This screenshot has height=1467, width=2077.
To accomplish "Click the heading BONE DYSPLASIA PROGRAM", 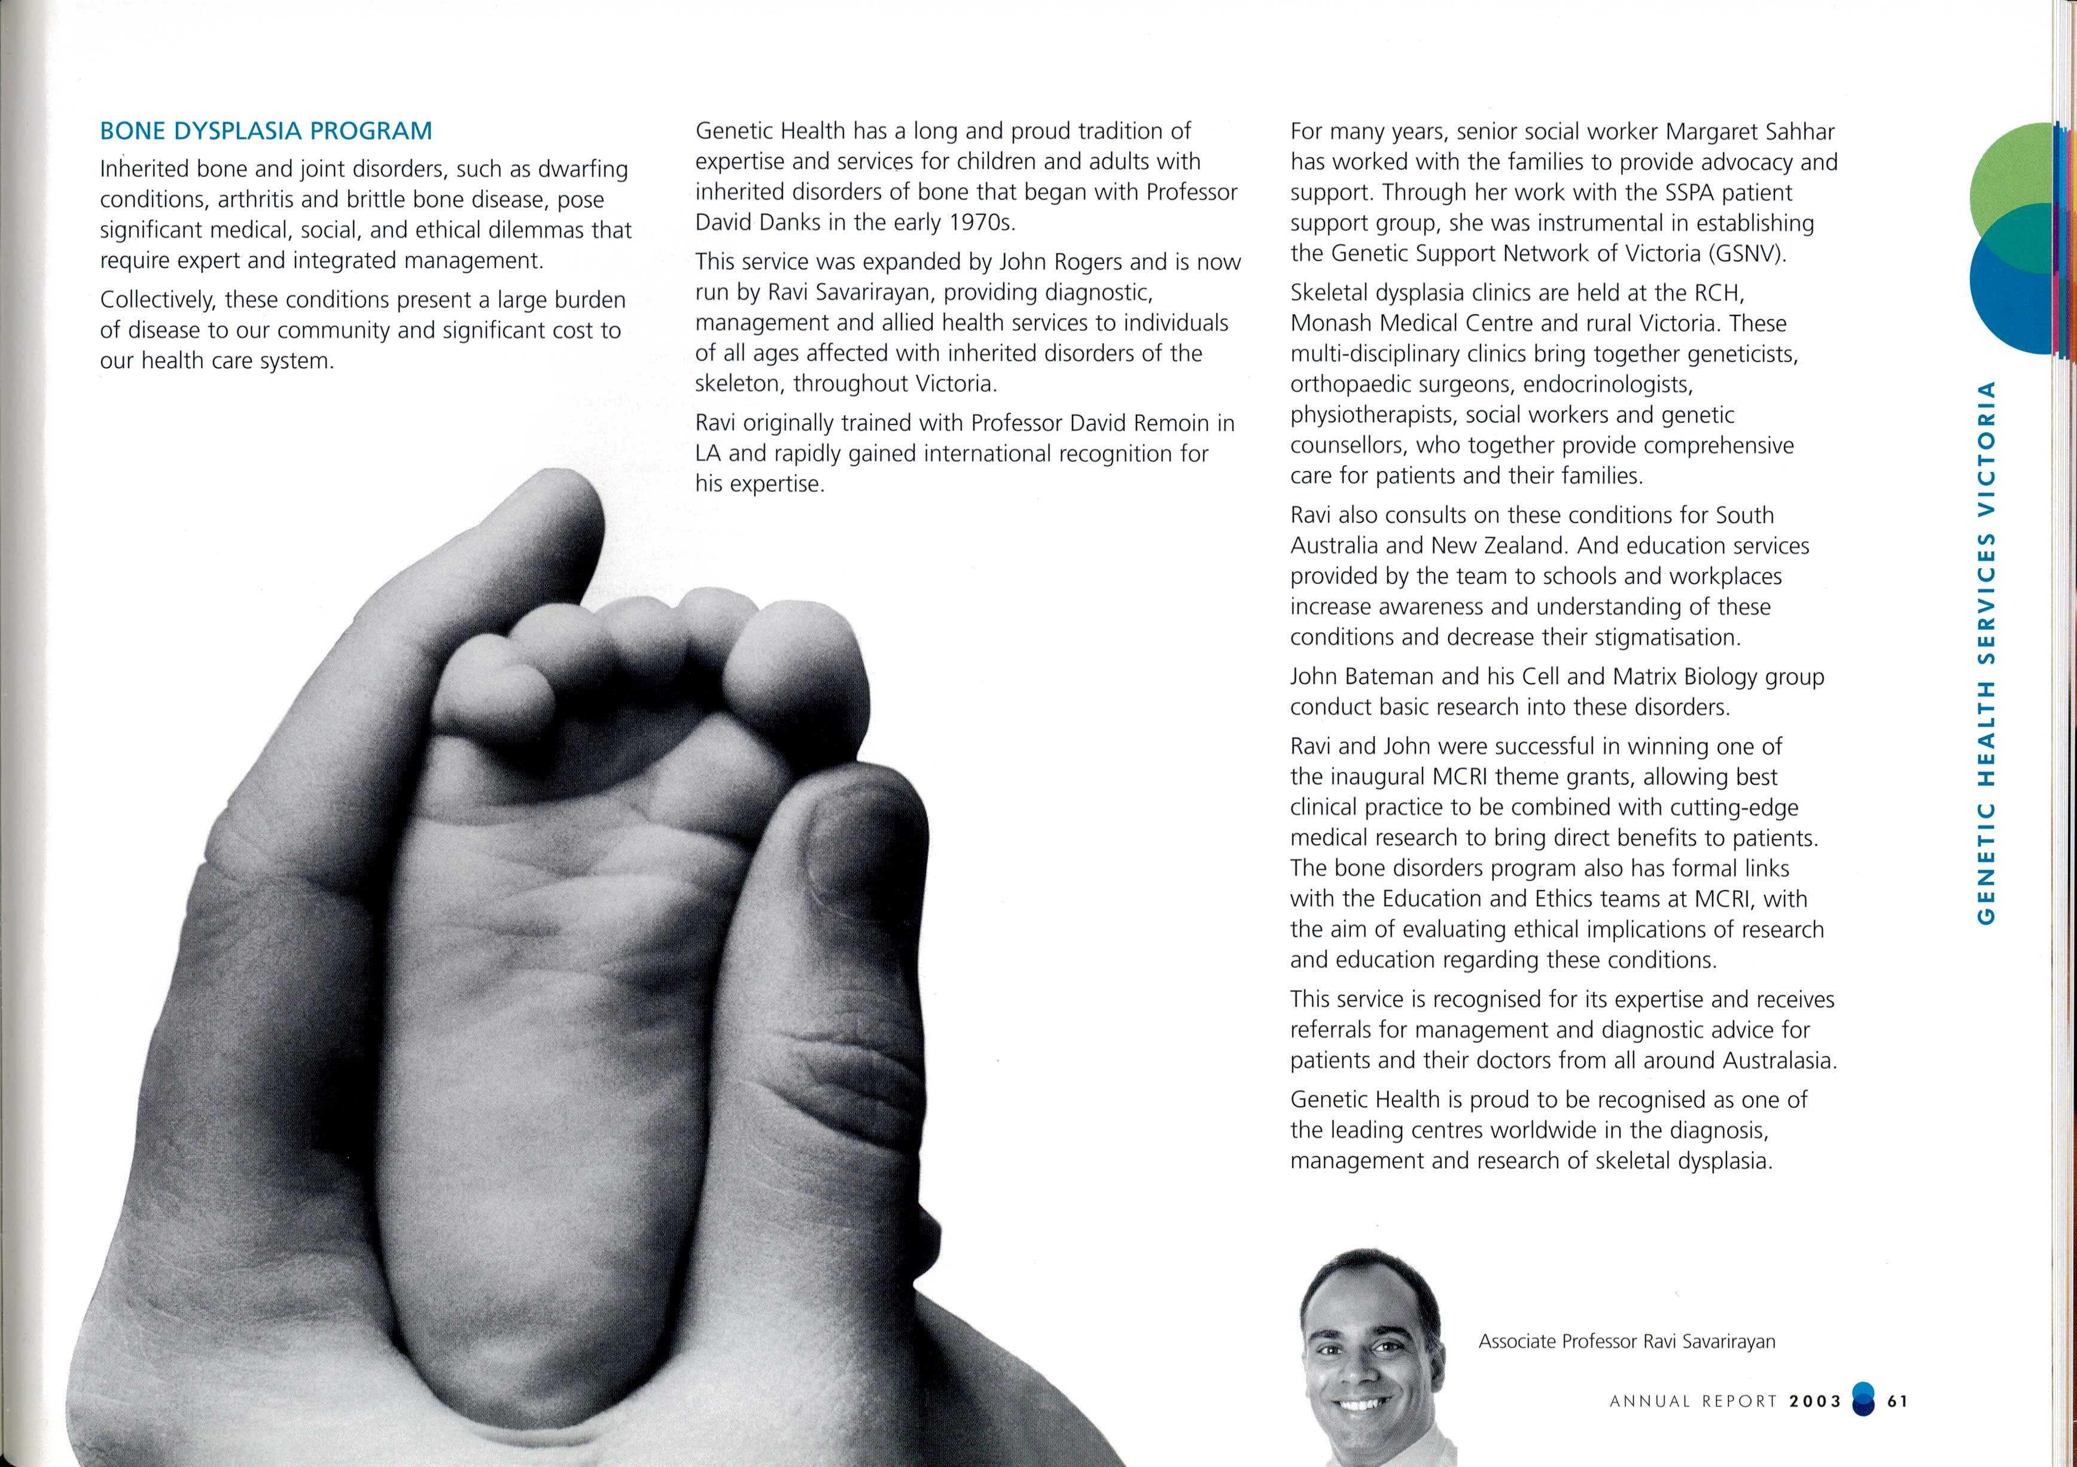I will [266, 131].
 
